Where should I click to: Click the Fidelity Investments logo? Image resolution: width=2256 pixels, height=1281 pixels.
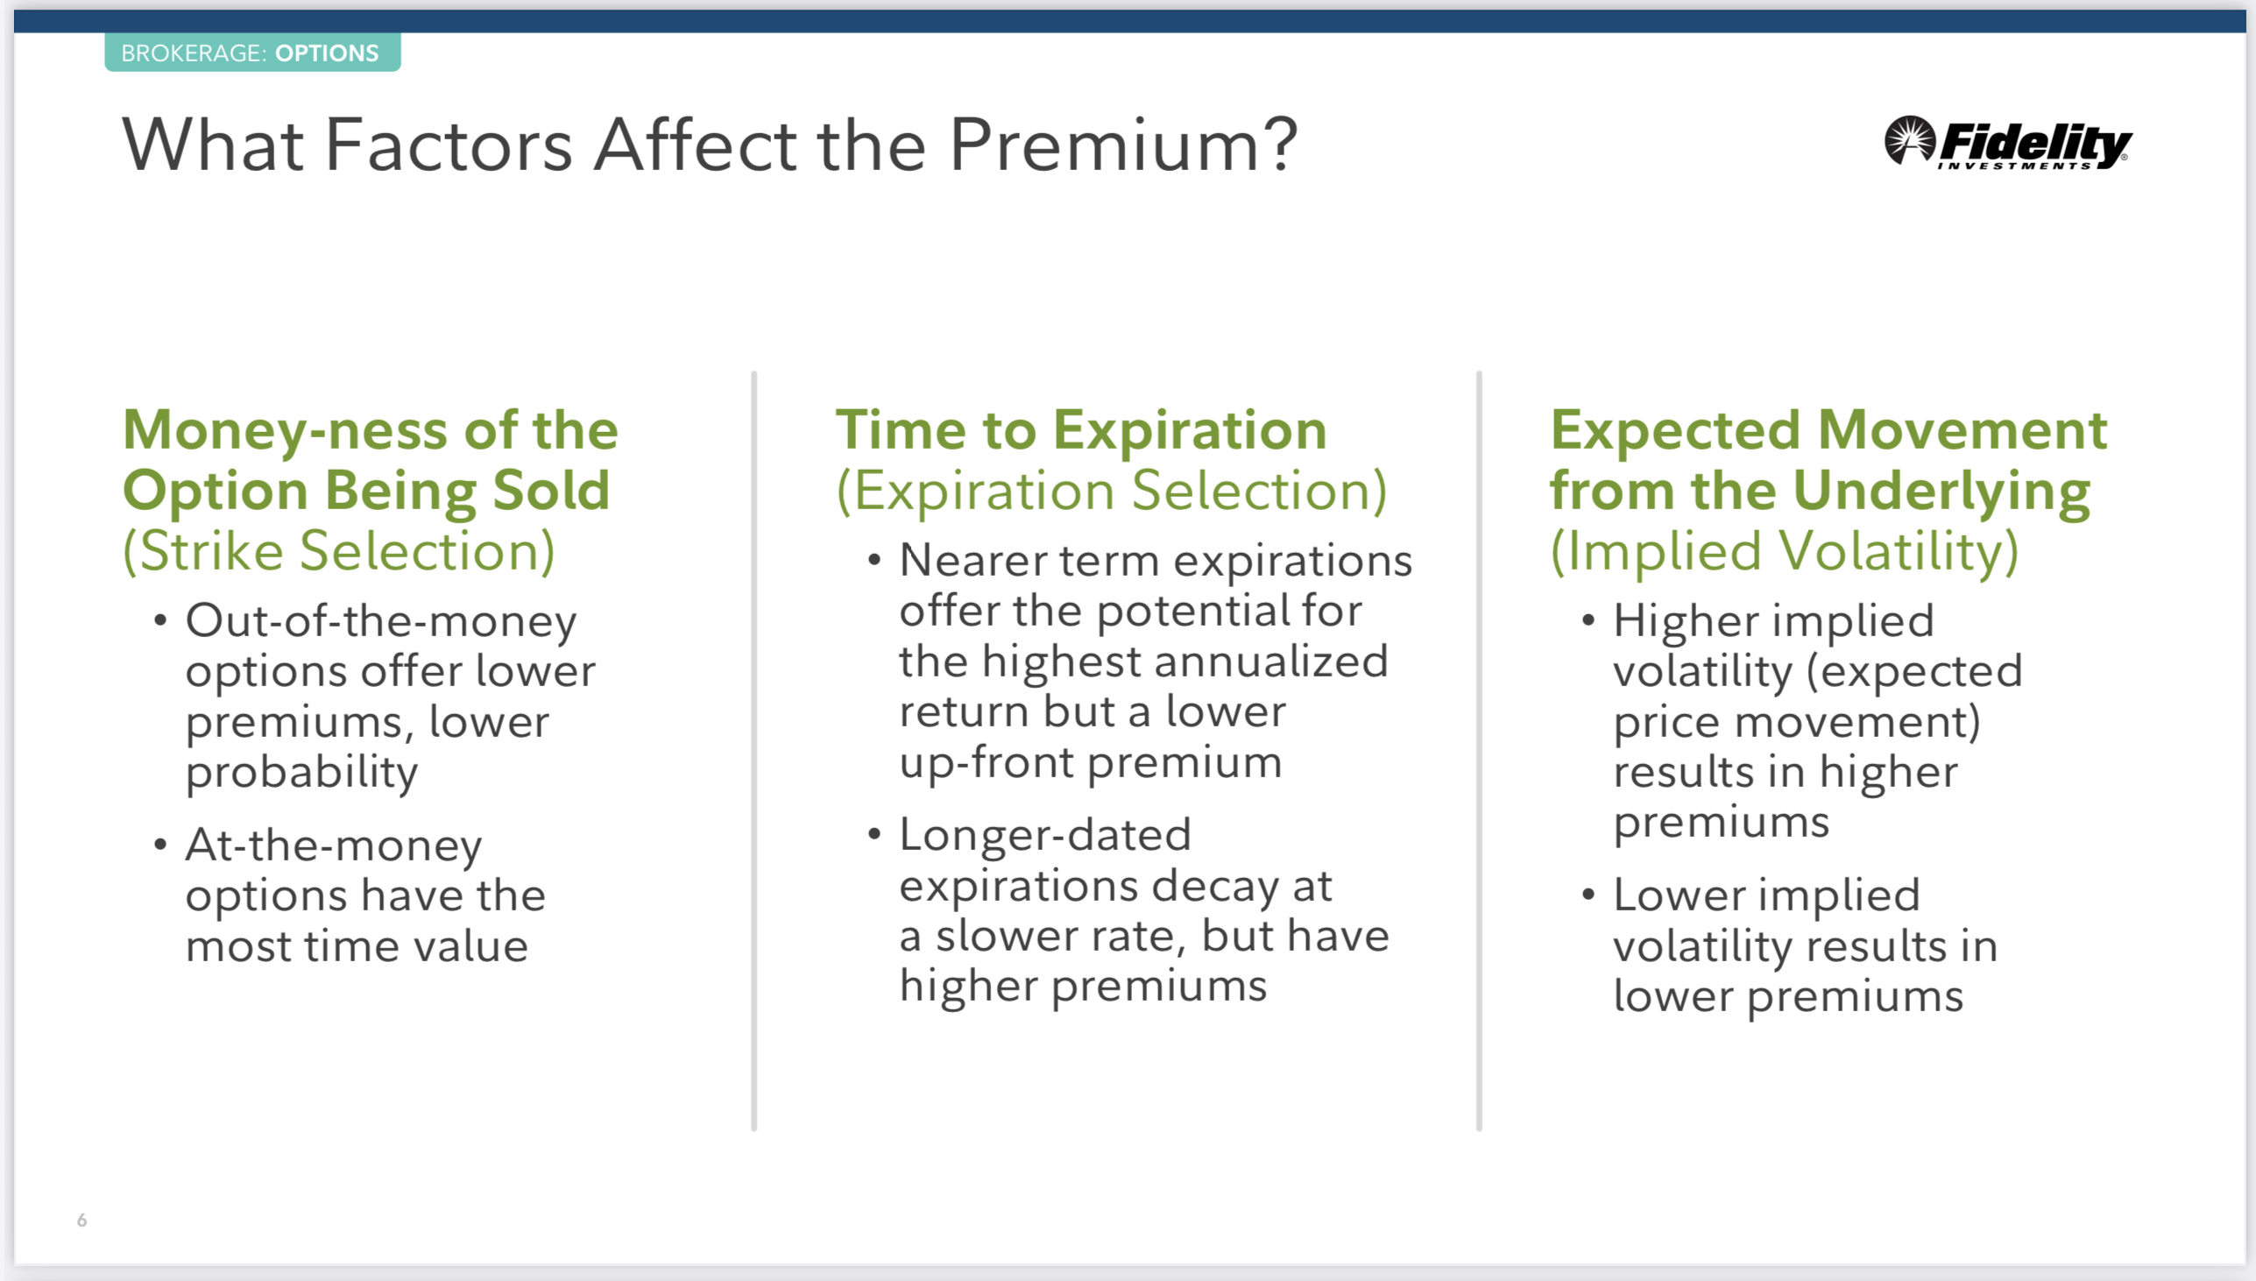pos(2007,142)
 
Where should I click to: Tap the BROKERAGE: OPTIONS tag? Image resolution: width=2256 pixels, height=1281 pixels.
pos(252,53)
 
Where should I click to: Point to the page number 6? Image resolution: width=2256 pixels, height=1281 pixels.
pos(81,1221)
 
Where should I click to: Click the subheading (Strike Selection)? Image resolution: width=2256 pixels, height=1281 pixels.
pos(339,552)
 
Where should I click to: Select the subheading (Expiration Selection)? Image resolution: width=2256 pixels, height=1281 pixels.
pos(1111,491)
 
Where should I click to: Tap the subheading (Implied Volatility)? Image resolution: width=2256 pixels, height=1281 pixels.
pos(1784,552)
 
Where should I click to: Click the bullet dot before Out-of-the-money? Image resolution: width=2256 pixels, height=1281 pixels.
pos(160,621)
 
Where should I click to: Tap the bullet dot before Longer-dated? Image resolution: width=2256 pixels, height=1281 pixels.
pos(874,834)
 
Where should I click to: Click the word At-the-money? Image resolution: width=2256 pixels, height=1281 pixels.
pos(333,846)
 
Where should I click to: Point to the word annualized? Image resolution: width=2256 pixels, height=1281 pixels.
pos(1263,662)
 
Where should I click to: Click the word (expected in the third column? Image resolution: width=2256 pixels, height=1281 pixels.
pos(1913,672)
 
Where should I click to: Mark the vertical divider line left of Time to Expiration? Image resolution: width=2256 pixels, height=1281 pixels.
pos(754,752)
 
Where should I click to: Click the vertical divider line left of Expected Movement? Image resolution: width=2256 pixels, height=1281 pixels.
pos(1480,752)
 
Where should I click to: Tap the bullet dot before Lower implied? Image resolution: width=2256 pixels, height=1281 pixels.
pos(1588,895)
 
